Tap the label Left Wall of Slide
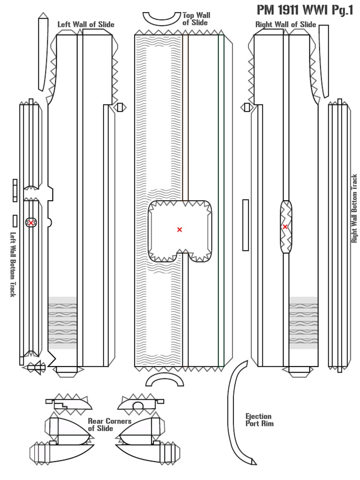86,24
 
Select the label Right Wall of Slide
285,24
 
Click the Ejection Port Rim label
259,420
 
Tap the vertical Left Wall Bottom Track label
13,264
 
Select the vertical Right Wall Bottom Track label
354,209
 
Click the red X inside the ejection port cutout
179,229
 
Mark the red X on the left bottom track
31,223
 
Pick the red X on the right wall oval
285,227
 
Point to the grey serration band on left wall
63,323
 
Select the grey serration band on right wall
303,323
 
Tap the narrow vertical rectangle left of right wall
246,225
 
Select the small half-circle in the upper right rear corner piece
138,405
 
